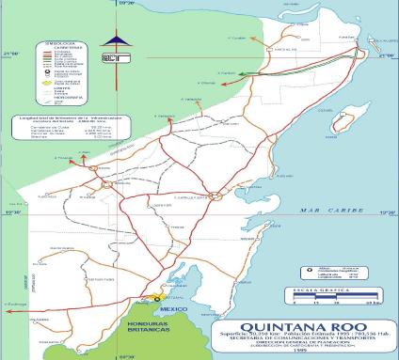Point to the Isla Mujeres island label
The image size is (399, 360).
click(364, 29)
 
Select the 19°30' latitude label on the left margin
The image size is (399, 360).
click(12, 212)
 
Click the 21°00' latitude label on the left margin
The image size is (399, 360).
click(11, 55)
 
